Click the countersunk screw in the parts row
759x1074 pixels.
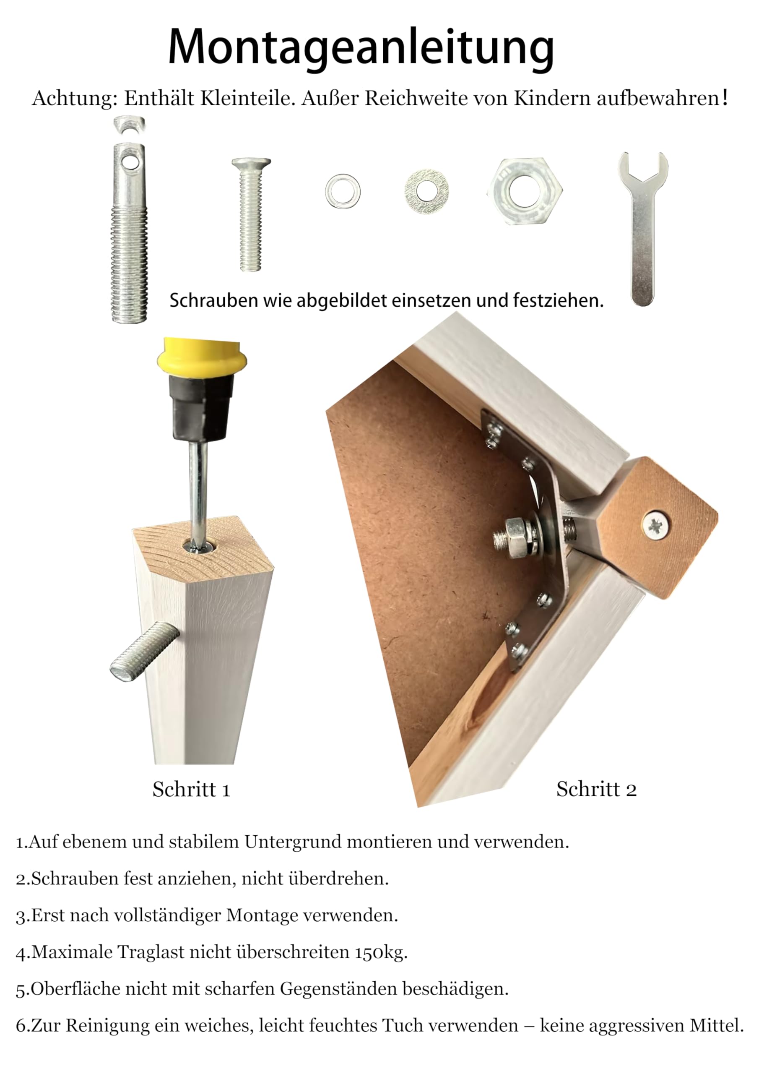coord(251,214)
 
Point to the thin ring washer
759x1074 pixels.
coord(343,191)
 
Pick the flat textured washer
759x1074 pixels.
coord(426,191)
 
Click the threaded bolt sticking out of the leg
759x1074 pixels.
coord(144,651)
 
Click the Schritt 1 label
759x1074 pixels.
coord(191,790)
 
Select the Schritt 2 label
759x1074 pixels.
coord(596,789)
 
